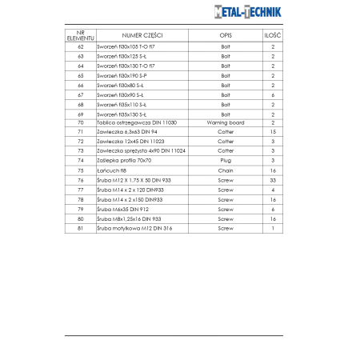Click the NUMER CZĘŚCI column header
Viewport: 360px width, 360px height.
(x=142, y=36)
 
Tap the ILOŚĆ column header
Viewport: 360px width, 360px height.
(x=273, y=36)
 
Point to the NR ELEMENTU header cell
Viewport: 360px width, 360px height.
(x=80, y=36)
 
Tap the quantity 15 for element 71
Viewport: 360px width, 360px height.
(x=273, y=132)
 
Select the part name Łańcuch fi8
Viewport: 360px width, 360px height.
(x=112, y=170)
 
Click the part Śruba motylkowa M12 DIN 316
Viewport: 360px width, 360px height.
(x=134, y=229)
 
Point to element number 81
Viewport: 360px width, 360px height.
(x=80, y=229)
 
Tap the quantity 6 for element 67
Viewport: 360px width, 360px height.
(x=273, y=94)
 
